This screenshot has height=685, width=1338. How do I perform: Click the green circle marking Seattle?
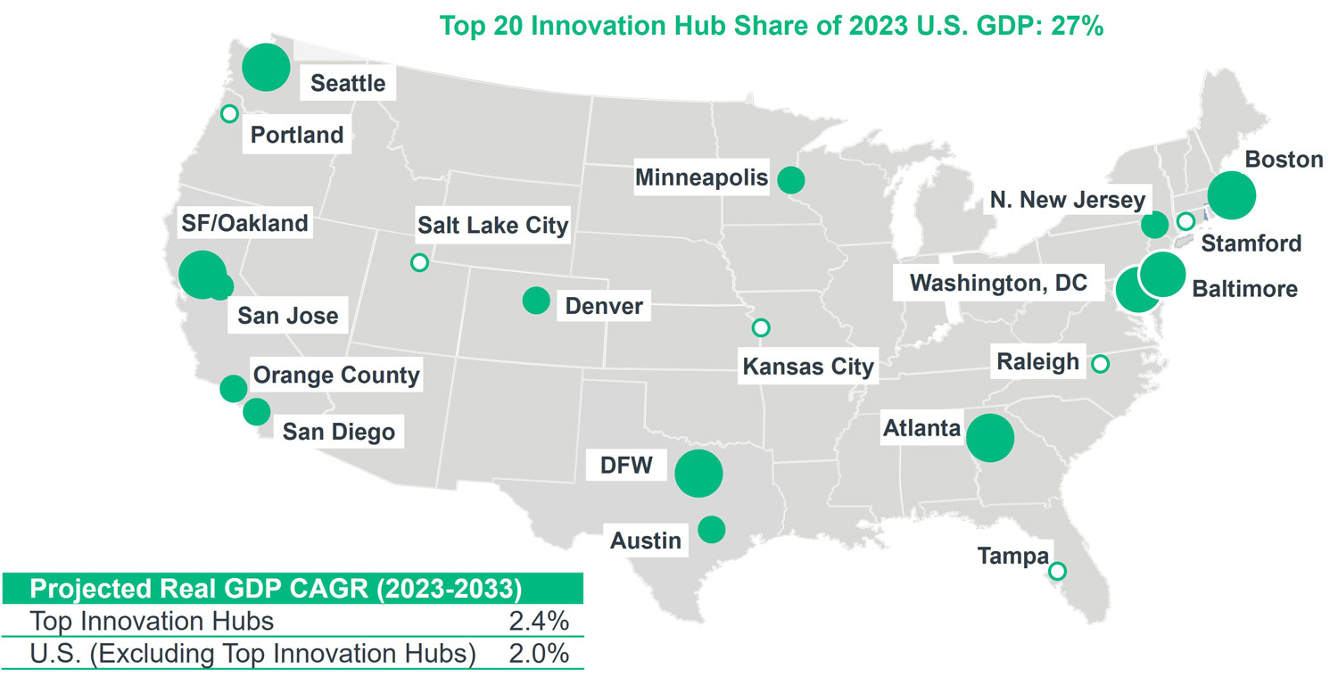[x=266, y=67]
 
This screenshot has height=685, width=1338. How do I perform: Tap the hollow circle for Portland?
[x=229, y=113]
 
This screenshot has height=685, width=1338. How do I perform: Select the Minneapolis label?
[x=701, y=177]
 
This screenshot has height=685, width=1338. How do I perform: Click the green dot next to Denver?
[x=536, y=301]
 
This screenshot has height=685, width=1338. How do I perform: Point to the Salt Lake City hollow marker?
[x=419, y=262]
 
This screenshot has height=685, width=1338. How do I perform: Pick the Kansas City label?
[x=808, y=366]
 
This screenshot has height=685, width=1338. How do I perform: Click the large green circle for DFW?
[x=698, y=474]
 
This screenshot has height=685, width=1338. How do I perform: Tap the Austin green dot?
[x=711, y=530]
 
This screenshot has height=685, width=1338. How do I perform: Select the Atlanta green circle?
[x=990, y=438]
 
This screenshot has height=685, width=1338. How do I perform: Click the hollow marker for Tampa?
[x=1058, y=571]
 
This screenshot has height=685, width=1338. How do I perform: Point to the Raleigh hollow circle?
[x=1100, y=363]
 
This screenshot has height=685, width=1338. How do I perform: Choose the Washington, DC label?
[x=998, y=284]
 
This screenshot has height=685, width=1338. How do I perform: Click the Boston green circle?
[x=1232, y=194]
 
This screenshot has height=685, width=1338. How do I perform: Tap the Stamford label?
[x=1251, y=243]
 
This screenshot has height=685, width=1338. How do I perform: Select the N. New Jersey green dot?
[x=1154, y=225]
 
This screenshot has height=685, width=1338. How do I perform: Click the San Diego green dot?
[x=256, y=412]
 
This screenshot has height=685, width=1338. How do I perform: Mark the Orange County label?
[x=336, y=375]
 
